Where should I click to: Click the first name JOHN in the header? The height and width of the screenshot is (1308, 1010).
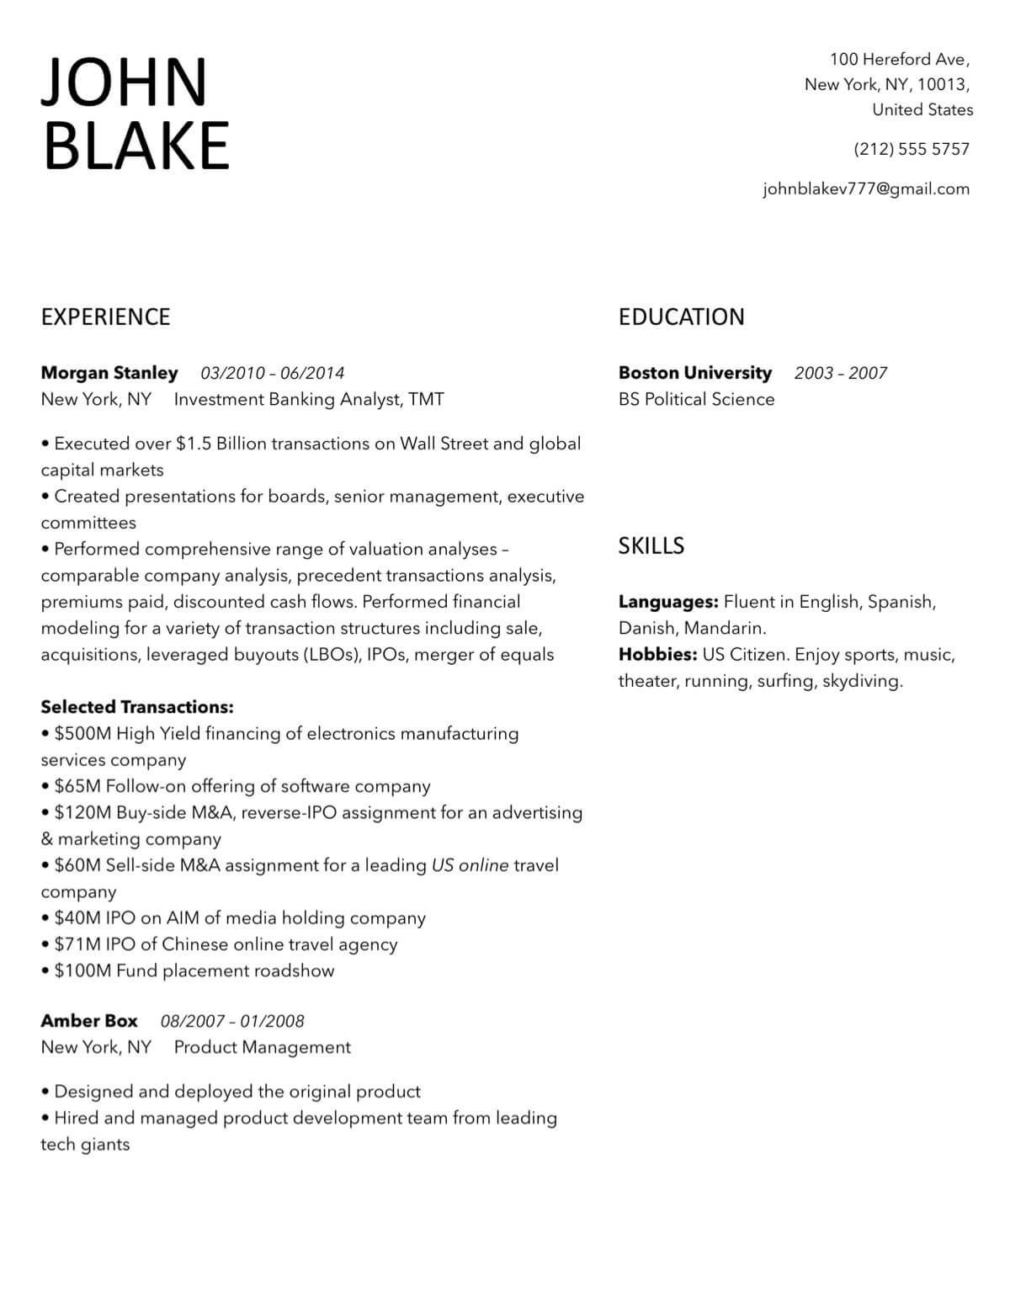(x=124, y=82)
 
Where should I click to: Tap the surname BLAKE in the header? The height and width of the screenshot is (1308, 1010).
(x=136, y=145)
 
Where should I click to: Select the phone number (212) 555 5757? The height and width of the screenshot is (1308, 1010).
(x=912, y=149)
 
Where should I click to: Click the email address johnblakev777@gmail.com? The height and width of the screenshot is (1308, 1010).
(x=866, y=189)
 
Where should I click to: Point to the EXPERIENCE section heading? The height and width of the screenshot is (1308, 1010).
(x=105, y=317)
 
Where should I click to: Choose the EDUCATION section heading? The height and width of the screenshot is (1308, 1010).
(x=681, y=317)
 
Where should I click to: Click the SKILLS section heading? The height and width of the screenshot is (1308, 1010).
(x=651, y=546)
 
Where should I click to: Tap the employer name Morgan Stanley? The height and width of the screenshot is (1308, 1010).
(x=109, y=373)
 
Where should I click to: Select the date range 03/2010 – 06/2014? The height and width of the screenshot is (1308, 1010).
(x=272, y=373)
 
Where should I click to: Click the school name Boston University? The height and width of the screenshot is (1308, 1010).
(x=694, y=373)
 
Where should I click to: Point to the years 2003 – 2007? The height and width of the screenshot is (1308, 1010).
(x=840, y=373)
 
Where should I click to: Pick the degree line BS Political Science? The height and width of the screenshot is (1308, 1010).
(x=696, y=399)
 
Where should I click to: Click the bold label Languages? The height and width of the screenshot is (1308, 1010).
(x=668, y=602)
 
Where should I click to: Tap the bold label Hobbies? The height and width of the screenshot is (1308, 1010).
(x=657, y=655)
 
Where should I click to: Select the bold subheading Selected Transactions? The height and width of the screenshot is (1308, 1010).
(x=137, y=707)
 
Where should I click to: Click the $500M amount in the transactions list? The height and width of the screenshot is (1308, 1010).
(x=82, y=734)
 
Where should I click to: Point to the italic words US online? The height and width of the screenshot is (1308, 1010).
(x=470, y=865)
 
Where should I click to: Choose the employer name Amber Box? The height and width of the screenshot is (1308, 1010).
(x=89, y=1021)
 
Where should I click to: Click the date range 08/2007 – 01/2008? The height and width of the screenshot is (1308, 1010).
(x=232, y=1021)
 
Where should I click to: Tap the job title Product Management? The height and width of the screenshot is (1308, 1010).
(x=262, y=1047)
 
